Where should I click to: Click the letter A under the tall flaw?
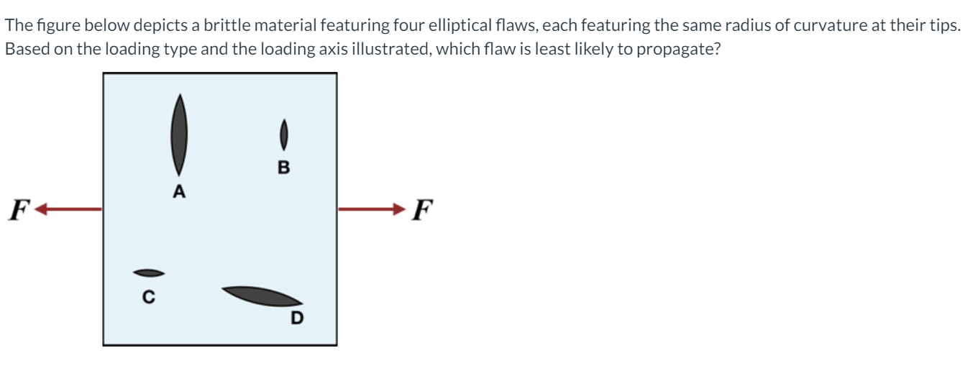[179, 191]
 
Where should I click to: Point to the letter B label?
[283, 168]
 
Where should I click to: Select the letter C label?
[148, 296]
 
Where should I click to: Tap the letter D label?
[296, 317]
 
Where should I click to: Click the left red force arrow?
[68, 209]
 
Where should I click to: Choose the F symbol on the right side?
[425, 210]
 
